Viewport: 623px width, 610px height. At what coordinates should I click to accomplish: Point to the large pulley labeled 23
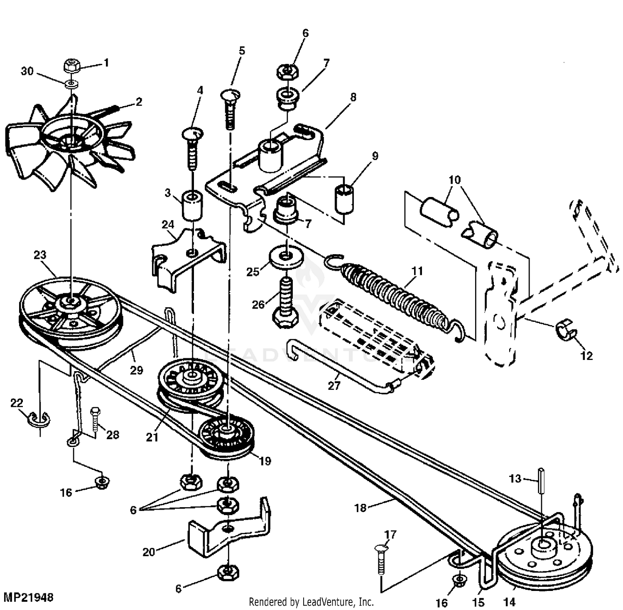pos(71,309)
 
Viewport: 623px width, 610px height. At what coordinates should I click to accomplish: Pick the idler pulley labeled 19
pos(226,435)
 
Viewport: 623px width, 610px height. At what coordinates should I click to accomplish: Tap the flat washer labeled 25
pos(286,257)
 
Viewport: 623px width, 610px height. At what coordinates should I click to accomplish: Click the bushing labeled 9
pos(344,199)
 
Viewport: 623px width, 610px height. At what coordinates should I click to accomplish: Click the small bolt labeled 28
pos(95,420)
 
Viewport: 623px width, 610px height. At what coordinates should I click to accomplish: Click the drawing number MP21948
pos(28,597)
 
